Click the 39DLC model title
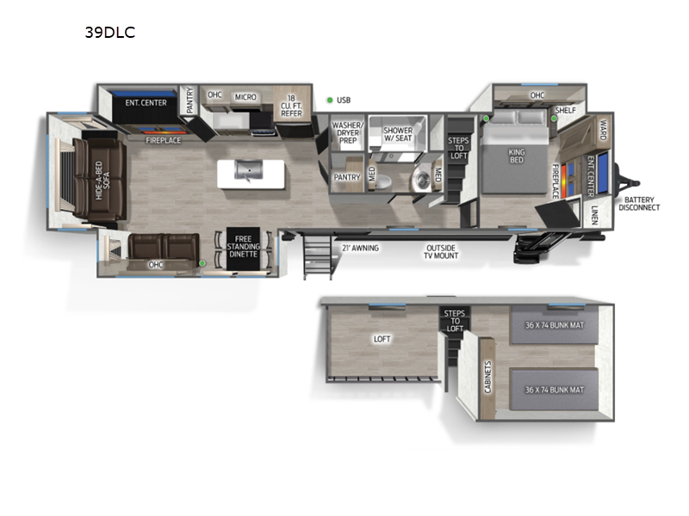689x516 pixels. point(110,33)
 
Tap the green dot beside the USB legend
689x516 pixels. point(330,100)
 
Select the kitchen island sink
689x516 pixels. point(249,170)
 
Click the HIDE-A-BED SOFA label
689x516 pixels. point(102,181)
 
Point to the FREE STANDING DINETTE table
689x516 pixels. point(243,249)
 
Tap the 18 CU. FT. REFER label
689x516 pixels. point(291,106)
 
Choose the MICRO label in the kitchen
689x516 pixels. point(245,97)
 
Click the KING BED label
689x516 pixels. point(516,156)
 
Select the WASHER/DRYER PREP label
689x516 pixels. point(348,132)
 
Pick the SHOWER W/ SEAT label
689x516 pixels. point(398,134)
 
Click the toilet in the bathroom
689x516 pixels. point(382,181)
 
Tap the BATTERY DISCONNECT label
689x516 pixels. point(639,204)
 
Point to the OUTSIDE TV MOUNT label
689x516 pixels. point(441,252)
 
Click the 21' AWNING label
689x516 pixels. point(360,249)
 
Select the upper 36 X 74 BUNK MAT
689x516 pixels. point(554,325)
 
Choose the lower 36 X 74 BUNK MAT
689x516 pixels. point(554,390)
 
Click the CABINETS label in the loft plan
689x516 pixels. point(487,377)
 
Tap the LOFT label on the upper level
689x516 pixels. point(382,339)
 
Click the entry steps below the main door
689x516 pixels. point(317,255)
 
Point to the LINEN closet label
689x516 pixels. point(594,215)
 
